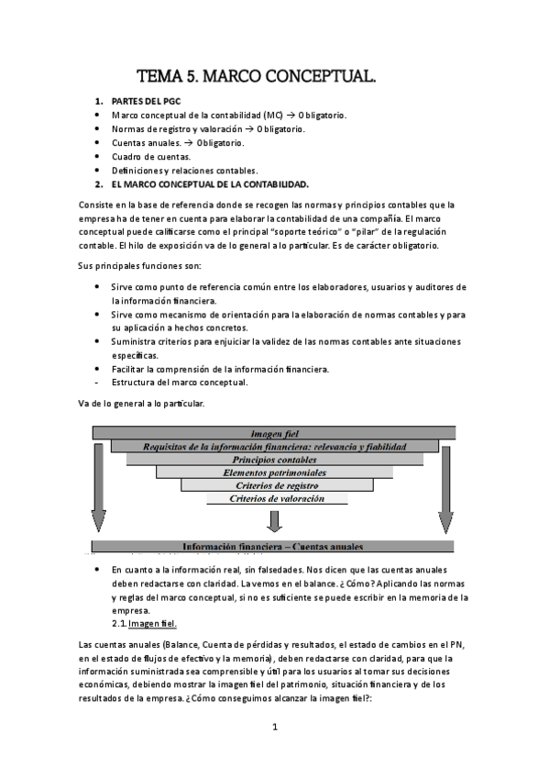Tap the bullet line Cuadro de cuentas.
(151, 157)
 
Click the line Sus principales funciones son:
(137, 266)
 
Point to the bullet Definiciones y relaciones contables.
(184, 170)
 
